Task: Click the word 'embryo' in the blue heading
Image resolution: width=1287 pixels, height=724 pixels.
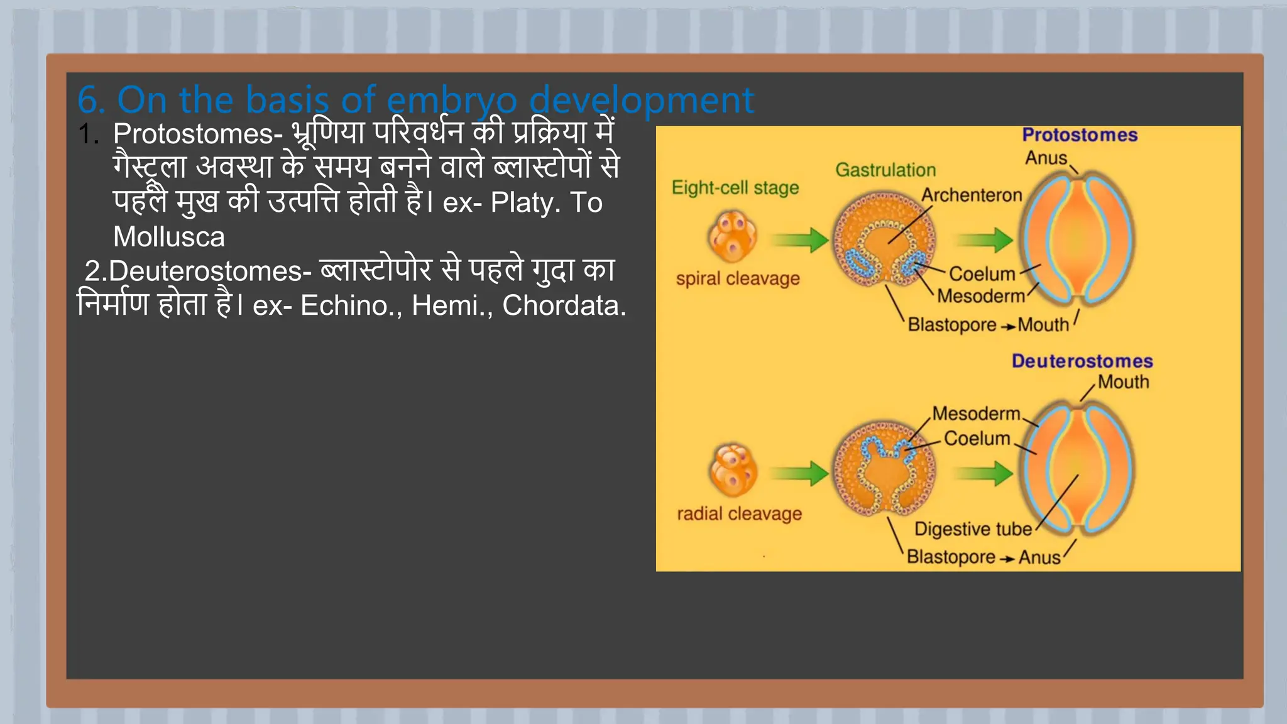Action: [452, 101]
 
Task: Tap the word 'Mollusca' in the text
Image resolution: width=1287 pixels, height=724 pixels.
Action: [168, 237]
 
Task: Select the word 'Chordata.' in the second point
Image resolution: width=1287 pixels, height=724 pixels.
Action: [564, 305]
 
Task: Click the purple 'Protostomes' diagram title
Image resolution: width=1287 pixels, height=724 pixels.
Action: [1079, 135]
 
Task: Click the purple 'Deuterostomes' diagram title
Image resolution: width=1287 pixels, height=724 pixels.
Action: [1082, 361]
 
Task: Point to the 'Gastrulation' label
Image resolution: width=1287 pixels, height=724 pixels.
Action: [885, 170]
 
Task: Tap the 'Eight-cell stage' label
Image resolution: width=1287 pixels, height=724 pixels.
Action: [735, 188]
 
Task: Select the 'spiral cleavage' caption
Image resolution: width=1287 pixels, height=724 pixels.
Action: [737, 278]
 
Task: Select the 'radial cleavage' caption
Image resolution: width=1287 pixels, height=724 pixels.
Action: [739, 514]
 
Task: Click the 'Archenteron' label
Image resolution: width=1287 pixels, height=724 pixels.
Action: [971, 195]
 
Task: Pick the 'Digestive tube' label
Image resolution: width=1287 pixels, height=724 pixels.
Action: [972, 529]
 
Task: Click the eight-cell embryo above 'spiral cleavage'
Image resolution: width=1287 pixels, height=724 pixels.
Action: [732, 236]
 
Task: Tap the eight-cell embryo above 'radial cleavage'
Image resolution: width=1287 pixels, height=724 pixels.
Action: [732, 470]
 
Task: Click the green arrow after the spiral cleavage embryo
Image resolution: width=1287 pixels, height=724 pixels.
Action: [801, 239]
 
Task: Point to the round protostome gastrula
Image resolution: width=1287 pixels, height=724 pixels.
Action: [884, 239]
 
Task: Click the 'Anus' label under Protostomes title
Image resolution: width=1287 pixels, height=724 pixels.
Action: [1046, 158]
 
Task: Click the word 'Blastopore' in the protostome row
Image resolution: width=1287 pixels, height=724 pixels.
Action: [951, 325]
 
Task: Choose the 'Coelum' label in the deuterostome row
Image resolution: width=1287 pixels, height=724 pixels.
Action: [977, 439]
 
